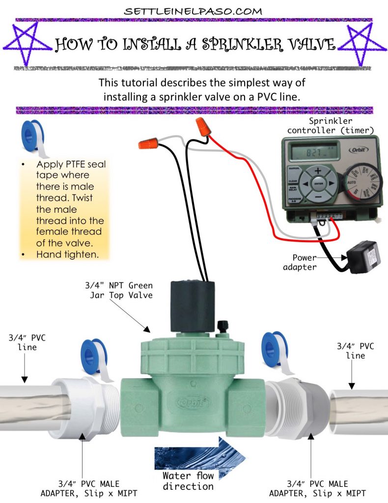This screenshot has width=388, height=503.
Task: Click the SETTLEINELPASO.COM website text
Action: [194, 10]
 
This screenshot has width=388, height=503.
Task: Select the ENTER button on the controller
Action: [318, 184]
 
